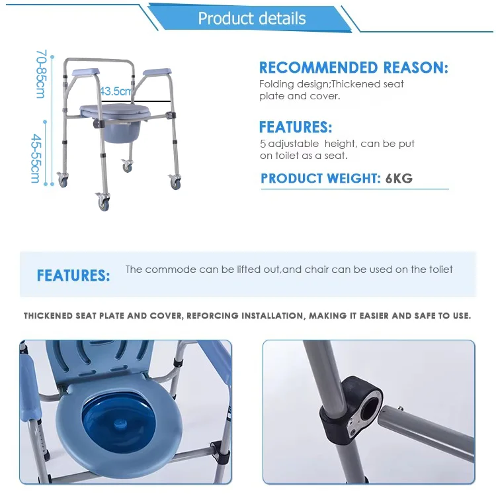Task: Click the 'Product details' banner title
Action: [252, 19]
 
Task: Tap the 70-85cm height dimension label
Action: [42, 74]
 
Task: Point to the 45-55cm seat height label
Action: [36, 158]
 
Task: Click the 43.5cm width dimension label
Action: [116, 91]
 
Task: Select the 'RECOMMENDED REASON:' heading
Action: [354, 68]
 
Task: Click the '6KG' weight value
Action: [399, 178]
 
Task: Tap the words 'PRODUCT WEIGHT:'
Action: [321, 178]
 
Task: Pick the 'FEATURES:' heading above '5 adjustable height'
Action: [296, 127]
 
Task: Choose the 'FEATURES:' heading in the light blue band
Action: [73, 275]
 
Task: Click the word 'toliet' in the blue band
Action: [441, 269]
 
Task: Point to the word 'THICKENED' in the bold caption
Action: [48, 316]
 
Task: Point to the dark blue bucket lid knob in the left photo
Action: [119, 423]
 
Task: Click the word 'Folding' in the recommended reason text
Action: [276, 84]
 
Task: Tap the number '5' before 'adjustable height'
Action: [263, 144]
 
